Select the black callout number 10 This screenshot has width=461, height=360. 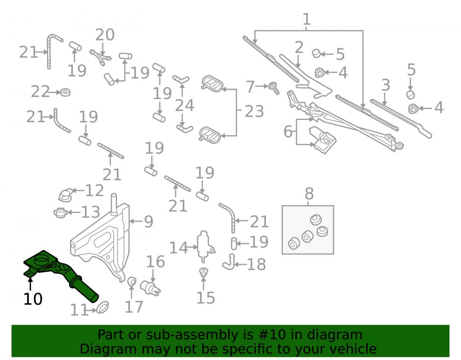click(33, 299)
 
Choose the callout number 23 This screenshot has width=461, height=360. click(254, 112)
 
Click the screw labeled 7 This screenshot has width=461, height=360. click(273, 88)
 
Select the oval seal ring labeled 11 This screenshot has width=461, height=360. click(102, 307)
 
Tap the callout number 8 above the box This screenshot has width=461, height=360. click(309, 194)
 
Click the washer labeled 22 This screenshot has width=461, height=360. click(65, 92)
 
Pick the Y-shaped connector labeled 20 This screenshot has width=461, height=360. click(100, 57)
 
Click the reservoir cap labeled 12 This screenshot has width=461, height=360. click(66, 195)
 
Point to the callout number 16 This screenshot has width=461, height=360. click(155, 261)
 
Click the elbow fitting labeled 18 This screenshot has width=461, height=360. click(229, 262)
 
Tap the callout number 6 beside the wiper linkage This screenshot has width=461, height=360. click(288, 131)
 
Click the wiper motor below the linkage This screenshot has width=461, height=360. click(322, 140)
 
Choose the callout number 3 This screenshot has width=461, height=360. click(385, 85)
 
